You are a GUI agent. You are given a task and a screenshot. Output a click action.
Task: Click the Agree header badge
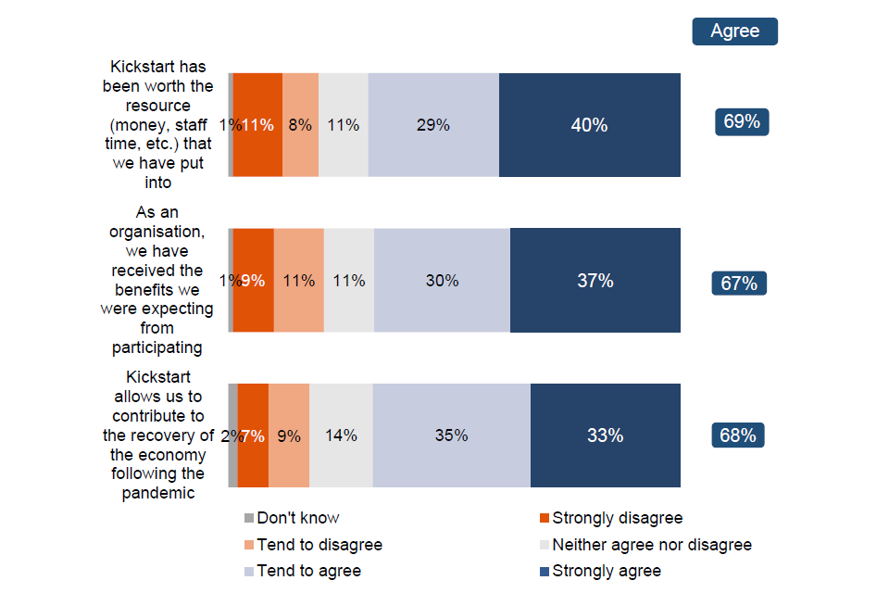coord(734,32)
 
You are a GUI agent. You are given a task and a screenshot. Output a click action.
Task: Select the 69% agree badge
coord(742,122)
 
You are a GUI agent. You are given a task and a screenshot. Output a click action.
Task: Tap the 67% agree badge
coord(739,283)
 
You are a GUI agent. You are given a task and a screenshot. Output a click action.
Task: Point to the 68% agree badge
coord(738,435)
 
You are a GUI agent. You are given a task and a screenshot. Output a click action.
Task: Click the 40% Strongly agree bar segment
coord(590,125)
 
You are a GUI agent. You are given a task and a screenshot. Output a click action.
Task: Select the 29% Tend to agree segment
coord(433,125)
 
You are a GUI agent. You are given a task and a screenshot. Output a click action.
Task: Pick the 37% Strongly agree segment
coord(595,280)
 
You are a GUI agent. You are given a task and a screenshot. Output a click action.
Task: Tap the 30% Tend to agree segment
coord(442,280)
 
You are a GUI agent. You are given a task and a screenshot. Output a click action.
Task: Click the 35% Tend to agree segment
coord(451,435)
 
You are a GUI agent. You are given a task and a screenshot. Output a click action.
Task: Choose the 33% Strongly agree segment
coord(605,435)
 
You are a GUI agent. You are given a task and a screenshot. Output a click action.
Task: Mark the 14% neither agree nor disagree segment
coord(341,435)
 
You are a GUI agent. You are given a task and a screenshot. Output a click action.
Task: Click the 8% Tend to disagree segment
coord(300,125)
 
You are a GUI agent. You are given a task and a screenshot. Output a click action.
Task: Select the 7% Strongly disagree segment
coord(253,435)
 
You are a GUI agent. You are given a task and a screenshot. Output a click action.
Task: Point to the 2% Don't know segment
coord(232,435)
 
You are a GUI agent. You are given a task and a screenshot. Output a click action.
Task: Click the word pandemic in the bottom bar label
coord(157,493)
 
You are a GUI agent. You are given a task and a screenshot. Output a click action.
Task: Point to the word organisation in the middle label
coord(157,232)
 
